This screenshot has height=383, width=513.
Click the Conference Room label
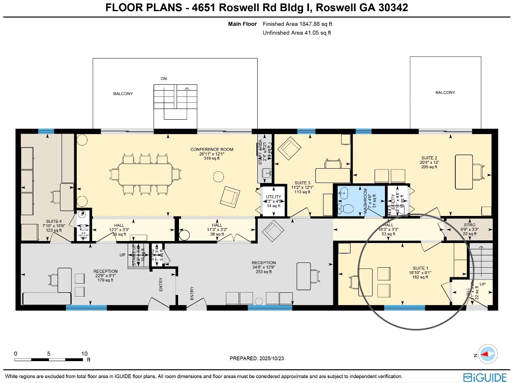[212, 150]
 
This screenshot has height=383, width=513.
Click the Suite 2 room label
[429, 158]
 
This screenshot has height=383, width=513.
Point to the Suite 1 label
[420, 268]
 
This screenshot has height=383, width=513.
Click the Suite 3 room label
[302, 183]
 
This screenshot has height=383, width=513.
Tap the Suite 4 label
[54, 222]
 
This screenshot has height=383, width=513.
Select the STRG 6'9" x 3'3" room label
[469, 225]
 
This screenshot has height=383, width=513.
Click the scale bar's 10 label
[84, 354]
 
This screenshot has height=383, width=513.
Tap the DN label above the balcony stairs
[163, 79]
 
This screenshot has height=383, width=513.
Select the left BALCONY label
[123, 94]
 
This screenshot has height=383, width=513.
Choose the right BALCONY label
[445, 93]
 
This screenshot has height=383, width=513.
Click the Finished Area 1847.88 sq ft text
[297, 24]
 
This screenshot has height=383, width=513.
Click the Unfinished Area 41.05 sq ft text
[297, 33]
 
